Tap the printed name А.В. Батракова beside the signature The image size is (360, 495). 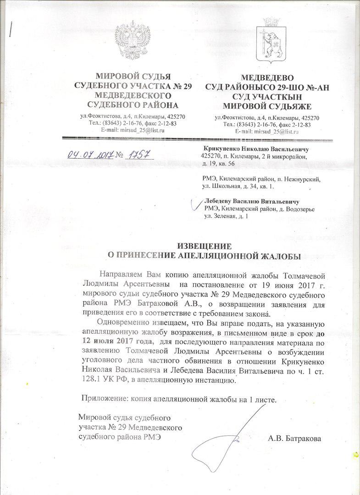pos(295,439)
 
